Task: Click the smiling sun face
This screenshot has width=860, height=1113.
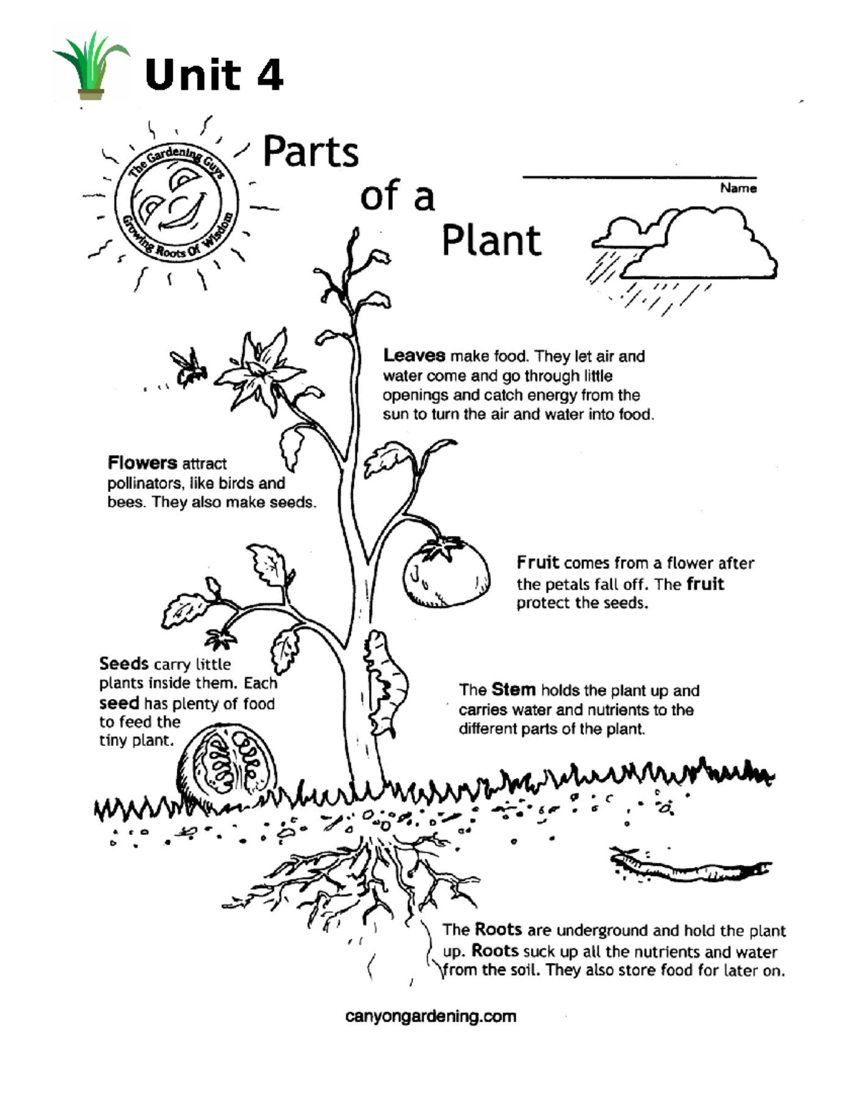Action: [x=176, y=203]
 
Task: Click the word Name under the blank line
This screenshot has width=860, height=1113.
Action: [x=738, y=188]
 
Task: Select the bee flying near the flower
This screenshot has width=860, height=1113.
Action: [x=190, y=368]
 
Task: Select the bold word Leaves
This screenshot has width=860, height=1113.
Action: [x=414, y=355]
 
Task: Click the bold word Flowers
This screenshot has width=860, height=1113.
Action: [x=142, y=463]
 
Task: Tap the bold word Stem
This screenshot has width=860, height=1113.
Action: [x=513, y=690]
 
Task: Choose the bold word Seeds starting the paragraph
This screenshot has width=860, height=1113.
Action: [x=124, y=664]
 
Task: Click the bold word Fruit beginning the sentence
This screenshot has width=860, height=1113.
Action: [x=537, y=563]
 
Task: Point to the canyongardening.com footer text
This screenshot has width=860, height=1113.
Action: [x=430, y=1016]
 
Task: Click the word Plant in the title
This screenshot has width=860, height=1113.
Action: [x=491, y=241]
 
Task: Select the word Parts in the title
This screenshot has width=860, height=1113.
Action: [x=310, y=153]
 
